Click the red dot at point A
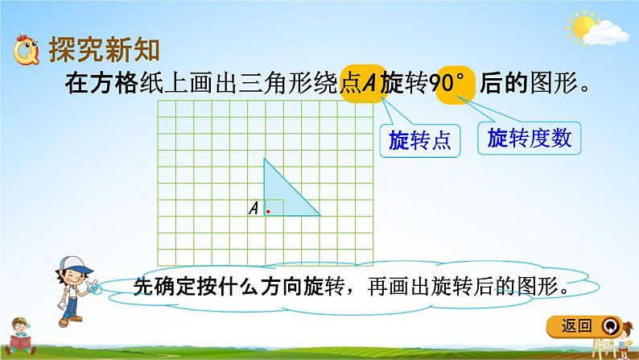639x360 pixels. (268, 211)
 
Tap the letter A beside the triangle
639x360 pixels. (254, 209)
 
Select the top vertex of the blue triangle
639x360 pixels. (264, 159)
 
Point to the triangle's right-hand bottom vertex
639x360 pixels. (320, 215)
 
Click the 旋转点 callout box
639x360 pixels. (420, 141)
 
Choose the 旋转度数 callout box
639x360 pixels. (529, 139)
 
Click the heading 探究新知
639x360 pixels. (105, 50)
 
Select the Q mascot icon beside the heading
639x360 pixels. (26, 50)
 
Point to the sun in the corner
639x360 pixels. (582, 27)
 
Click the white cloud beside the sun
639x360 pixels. (606, 34)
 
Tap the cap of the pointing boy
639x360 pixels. (76, 264)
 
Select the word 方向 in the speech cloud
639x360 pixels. (281, 287)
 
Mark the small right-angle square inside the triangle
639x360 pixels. (274, 208)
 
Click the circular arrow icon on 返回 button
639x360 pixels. (610, 326)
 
